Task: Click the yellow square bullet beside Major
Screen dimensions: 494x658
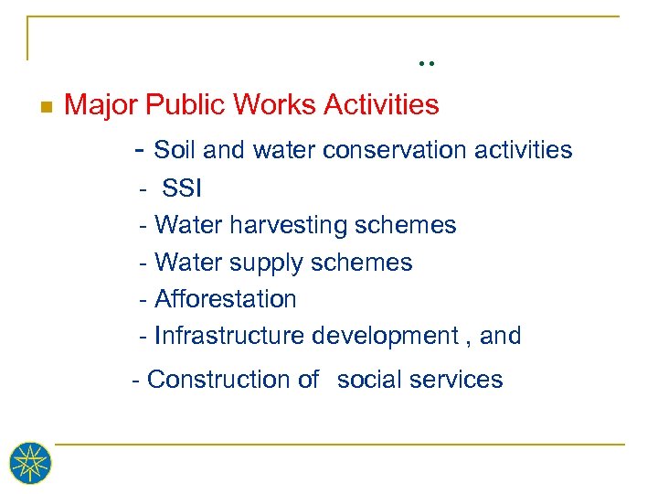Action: pyautogui.click(x=47, y=106)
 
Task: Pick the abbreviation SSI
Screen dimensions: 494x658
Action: pyautogui.click(x=182, y=188)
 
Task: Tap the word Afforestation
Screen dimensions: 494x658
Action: pyautogui.click(x=226, y=299)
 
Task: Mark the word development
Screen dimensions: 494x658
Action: pyautogui.click(x=381, y=336)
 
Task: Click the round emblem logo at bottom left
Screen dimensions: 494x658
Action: pyautogui.click(x=30, y=464)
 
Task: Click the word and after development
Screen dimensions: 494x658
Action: pyautogui.click(x=500, y=336)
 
